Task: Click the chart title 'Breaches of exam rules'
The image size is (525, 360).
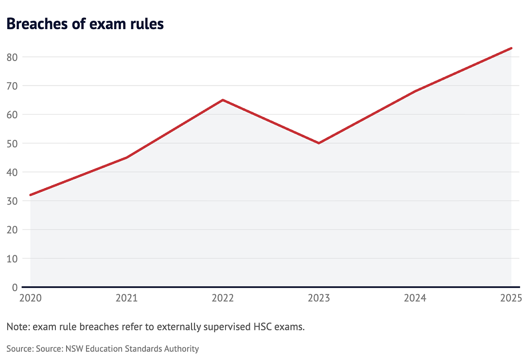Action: tap(85, 24)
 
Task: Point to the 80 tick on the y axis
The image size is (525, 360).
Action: tap(12, 57)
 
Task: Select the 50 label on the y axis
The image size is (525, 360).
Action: tap(12, 143)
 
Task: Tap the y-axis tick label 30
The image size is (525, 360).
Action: tap(12, 201)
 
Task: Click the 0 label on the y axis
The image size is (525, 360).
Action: tap(15, 288)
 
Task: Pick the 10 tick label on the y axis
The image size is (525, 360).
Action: tap(12, 258)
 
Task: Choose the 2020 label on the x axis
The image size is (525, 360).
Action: tap(31, 298)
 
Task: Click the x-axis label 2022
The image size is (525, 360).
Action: tap(223, 298)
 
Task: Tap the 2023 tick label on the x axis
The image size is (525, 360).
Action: tap(319, 298)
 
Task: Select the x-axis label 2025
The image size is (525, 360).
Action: tap(511, 298)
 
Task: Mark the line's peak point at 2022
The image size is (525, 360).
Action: tap(223, 100)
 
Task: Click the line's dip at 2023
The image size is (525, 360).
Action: tap(319, 143)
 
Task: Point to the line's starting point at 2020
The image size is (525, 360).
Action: tap(31, 195)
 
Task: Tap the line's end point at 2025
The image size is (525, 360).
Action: tap(511, 48)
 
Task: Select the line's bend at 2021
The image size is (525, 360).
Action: tap(126, 157)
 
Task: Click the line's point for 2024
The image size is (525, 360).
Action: tap(415, 91)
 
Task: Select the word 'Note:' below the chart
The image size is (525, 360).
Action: tap(18, 326)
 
